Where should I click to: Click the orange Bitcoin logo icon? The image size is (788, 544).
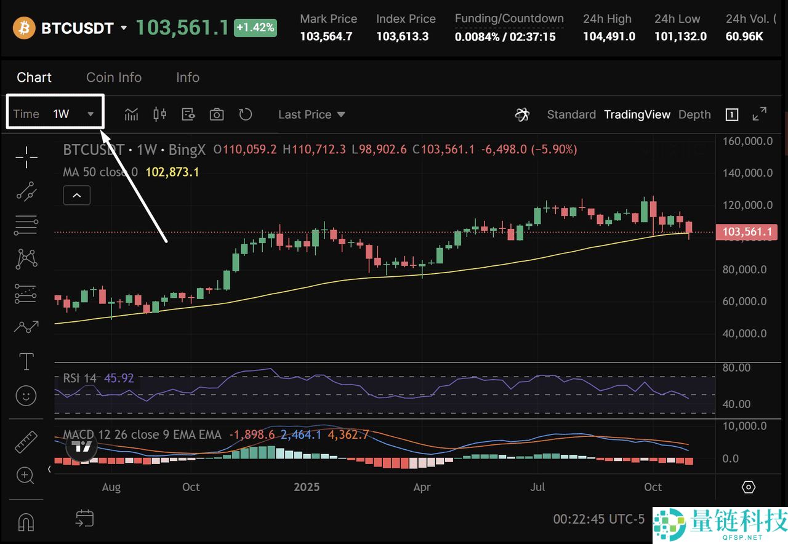[24, 28]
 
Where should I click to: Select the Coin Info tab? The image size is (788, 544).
[114, 78]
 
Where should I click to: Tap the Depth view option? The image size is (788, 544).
[694, 114]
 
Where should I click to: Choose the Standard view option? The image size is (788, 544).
[571, 114]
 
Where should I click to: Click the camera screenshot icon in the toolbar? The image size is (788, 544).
[217, 114]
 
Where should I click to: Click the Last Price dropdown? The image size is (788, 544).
[312, 114]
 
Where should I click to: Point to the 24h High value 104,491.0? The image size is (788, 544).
[609, 36]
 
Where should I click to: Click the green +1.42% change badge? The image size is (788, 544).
[255, 28]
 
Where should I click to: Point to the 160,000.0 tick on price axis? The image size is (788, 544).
[749, 141]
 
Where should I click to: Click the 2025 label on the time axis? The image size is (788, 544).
[307, 487]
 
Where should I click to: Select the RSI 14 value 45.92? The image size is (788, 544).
[119, 378]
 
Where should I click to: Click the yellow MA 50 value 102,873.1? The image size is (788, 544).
[172, 172]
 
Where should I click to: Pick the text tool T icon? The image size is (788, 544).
[26, 361]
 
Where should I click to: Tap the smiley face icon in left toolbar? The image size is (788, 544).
[26, 395]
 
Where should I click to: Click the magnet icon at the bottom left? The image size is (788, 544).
[26, 522]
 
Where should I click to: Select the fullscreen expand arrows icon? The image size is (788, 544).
[760, 114]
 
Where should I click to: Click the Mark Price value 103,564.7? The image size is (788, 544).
[326, 36]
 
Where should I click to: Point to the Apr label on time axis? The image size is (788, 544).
[422, 487]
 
